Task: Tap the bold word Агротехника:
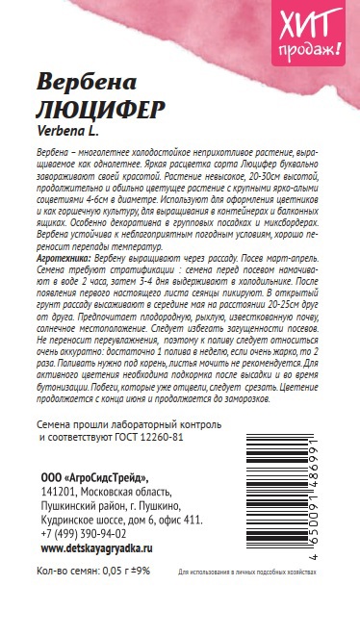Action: pyautogui.click(x=64, y=259)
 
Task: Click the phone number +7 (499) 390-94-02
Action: pyautogui.click(x=84, y=533)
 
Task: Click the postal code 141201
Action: pyautogui.click(x=59, y=493)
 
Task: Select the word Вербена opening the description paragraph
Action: pyautogui.click(x=52, y=155)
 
